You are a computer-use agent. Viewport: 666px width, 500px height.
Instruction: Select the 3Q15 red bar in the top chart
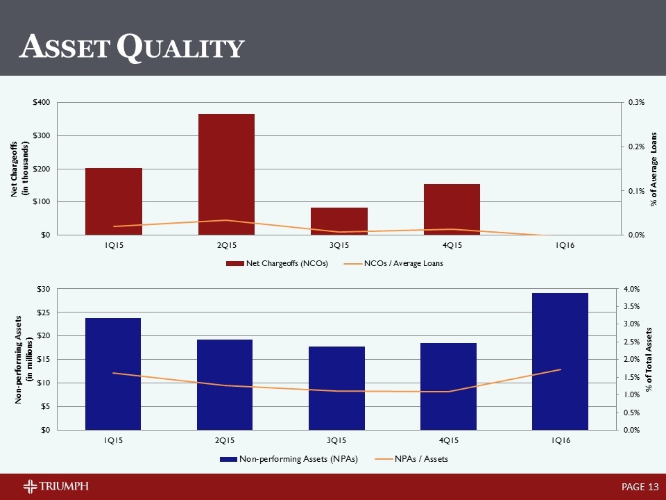tap(339, 221)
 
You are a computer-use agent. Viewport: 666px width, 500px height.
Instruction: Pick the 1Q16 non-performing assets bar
tap(560, 361)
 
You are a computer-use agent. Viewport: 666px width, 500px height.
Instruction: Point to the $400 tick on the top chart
tap(40, 102)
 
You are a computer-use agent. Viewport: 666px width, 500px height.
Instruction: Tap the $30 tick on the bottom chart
tap(43, 288)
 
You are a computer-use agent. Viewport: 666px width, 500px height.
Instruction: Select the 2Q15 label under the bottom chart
tap(225, 440)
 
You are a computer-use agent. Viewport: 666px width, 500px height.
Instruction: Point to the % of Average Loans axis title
tap(654, 169)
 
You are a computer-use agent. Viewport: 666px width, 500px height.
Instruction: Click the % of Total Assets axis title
tap(649, 359)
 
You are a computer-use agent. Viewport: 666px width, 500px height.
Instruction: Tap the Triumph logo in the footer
tap(55, 485)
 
